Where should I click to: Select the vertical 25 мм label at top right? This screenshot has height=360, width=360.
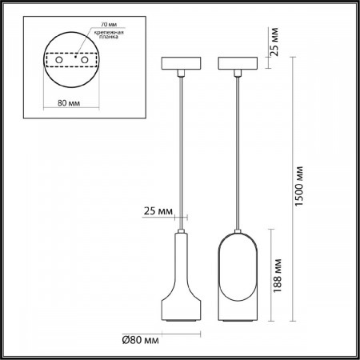[x=274, y=41]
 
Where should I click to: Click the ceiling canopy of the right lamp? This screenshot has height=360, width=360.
[x=238, y=63]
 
